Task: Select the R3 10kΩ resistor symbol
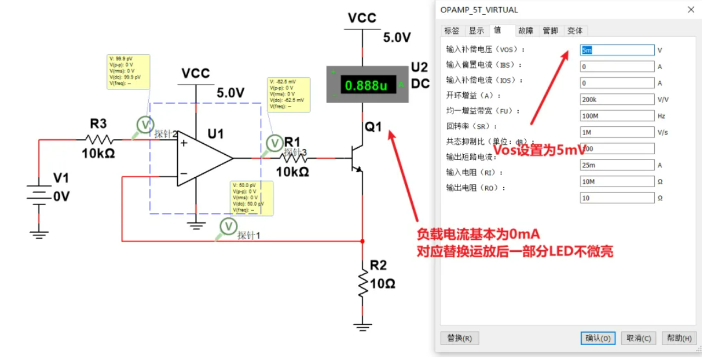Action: point(99,139)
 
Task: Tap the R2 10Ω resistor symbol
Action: point(362,283)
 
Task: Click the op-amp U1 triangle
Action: point(204,158)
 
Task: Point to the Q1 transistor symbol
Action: point(356,159)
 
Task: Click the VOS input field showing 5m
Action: point(617,50)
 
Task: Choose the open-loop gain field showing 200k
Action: point(617,99)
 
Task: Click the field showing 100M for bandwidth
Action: point(617,116)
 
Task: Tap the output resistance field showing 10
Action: point(617,198)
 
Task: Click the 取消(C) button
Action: point(639,338)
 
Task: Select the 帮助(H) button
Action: point(679,338)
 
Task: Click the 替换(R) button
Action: point(459,338)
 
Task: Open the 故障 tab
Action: point(525,31)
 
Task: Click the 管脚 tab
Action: point(550,31)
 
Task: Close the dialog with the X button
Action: point(691,10)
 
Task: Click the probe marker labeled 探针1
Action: point(227,226)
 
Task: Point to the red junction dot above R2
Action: point(362,241)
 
